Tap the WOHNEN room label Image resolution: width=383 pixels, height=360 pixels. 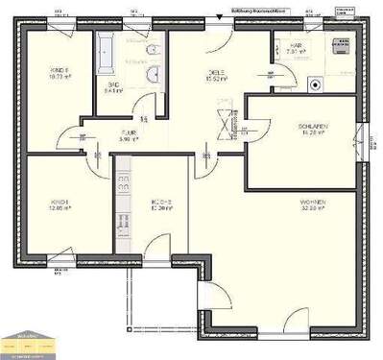(x=313, y=202)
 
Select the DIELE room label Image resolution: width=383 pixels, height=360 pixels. (x=217, y=72)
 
